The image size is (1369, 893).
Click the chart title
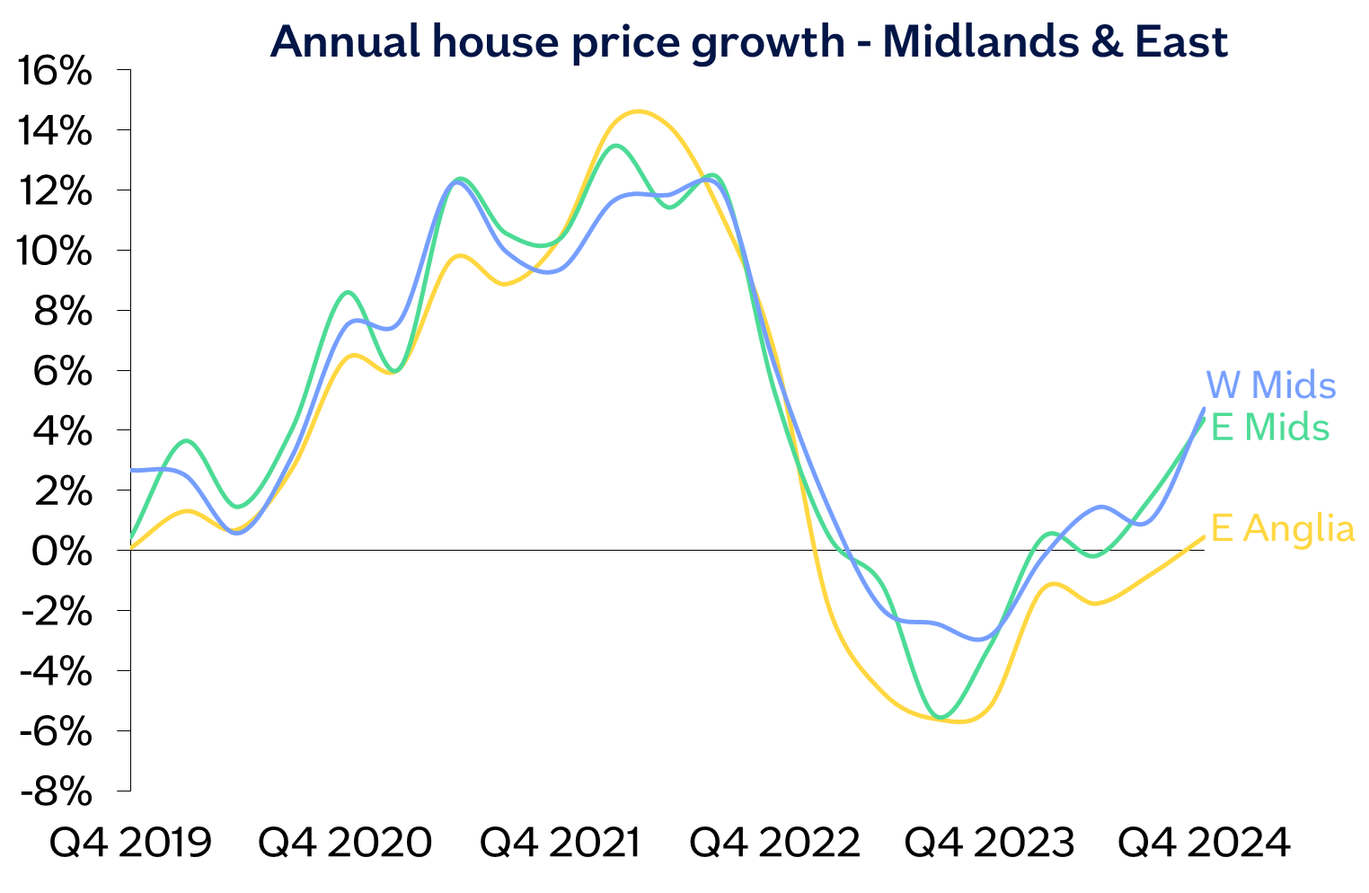748,41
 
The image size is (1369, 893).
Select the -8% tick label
56,792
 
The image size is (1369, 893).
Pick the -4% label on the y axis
56,672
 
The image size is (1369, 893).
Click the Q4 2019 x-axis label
130,844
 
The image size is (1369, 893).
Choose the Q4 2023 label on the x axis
988,844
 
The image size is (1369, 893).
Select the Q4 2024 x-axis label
1204,844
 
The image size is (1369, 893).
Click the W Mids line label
1270,385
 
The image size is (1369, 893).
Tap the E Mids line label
1269,428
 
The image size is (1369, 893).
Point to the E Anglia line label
1282,528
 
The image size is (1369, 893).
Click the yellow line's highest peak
638,111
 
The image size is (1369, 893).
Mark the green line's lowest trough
941,717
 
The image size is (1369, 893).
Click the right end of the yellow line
1204,537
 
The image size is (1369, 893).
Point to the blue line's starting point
132,470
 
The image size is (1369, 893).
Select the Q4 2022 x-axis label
774,844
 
